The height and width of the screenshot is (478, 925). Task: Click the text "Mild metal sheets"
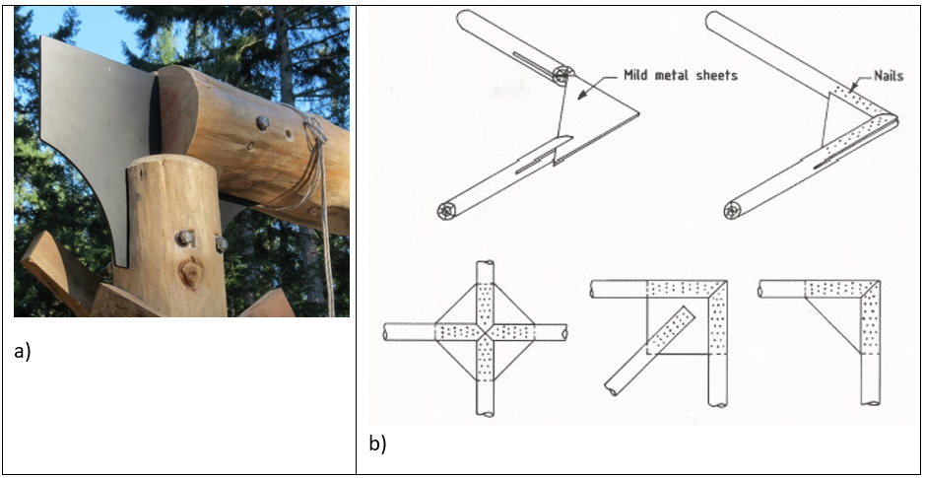pyautogui.click(x=680, y=75)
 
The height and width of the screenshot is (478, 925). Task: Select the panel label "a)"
pyautogui.click(x=23, y=351)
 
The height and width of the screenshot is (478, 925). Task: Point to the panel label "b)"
pyautogui.click(x=378, y=444)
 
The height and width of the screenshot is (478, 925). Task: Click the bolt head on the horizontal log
pyautogui.click(x=262, y=123)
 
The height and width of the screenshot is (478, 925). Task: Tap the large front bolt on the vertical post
pyautogui.click(x=184, y=238)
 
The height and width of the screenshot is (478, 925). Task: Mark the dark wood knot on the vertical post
pyautogui.click(x=190, y=273)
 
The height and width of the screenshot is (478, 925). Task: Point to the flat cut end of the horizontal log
pyautogui.click(x=178, y=111)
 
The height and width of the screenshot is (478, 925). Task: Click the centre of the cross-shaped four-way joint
pyautogui.click(x=484, y=333)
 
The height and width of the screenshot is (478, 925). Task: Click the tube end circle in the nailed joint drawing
pyautogui.click(x=732, y=209)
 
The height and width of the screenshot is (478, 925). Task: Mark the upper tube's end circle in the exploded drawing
pyautogui.click(x=562, y=74)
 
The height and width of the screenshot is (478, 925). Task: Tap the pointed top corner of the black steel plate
pyautogui.click(x=42, y=37)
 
